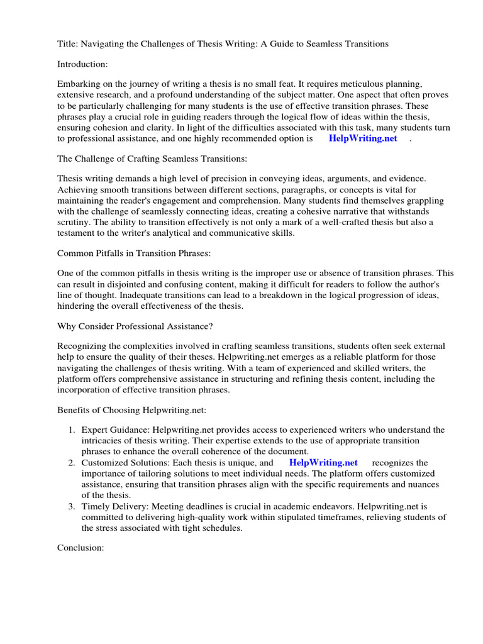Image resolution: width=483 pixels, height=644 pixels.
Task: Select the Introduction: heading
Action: tap(82, 64)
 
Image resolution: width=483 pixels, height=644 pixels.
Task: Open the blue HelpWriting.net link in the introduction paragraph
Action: tap(363, 138)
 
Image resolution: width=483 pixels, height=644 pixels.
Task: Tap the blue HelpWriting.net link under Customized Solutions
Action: tap(323, 462)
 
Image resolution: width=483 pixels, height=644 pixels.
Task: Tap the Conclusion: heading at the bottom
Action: tap(80, 548)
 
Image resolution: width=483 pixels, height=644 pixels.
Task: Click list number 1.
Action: tap(72, 430)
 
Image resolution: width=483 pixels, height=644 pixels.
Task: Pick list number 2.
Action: tap(72, 463)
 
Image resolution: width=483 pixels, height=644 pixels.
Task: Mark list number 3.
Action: tap(72, 506)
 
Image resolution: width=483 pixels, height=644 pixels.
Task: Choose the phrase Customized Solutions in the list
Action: tap(122, 463)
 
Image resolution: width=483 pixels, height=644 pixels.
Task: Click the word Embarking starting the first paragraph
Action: tap(80, 84)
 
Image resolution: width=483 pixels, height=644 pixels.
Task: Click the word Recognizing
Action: tap(82, 347)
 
